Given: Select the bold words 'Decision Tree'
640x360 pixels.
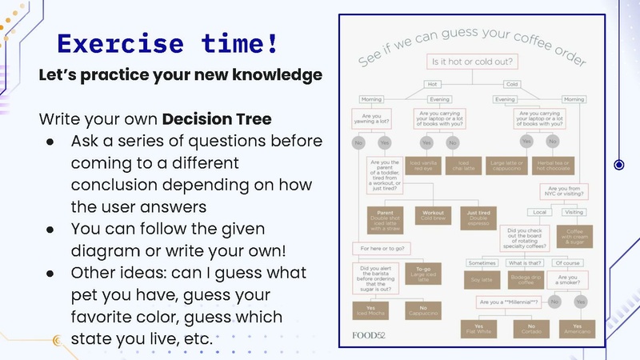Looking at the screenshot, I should tap(217, 119).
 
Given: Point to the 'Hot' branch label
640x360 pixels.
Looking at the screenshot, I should tap(433, 83).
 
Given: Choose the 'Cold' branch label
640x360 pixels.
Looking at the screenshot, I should tap(512, 83).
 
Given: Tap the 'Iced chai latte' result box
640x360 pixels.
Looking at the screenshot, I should tap(453, 166).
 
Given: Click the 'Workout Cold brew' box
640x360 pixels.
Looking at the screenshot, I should tap(433, 217).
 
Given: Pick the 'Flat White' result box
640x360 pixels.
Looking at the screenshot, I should tap(479, 328).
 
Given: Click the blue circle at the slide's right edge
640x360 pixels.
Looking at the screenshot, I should tap(618, 166).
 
